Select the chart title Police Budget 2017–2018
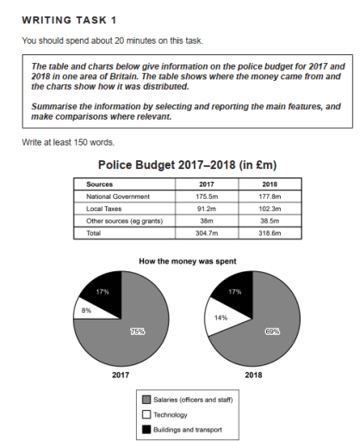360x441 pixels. point(186,165)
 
